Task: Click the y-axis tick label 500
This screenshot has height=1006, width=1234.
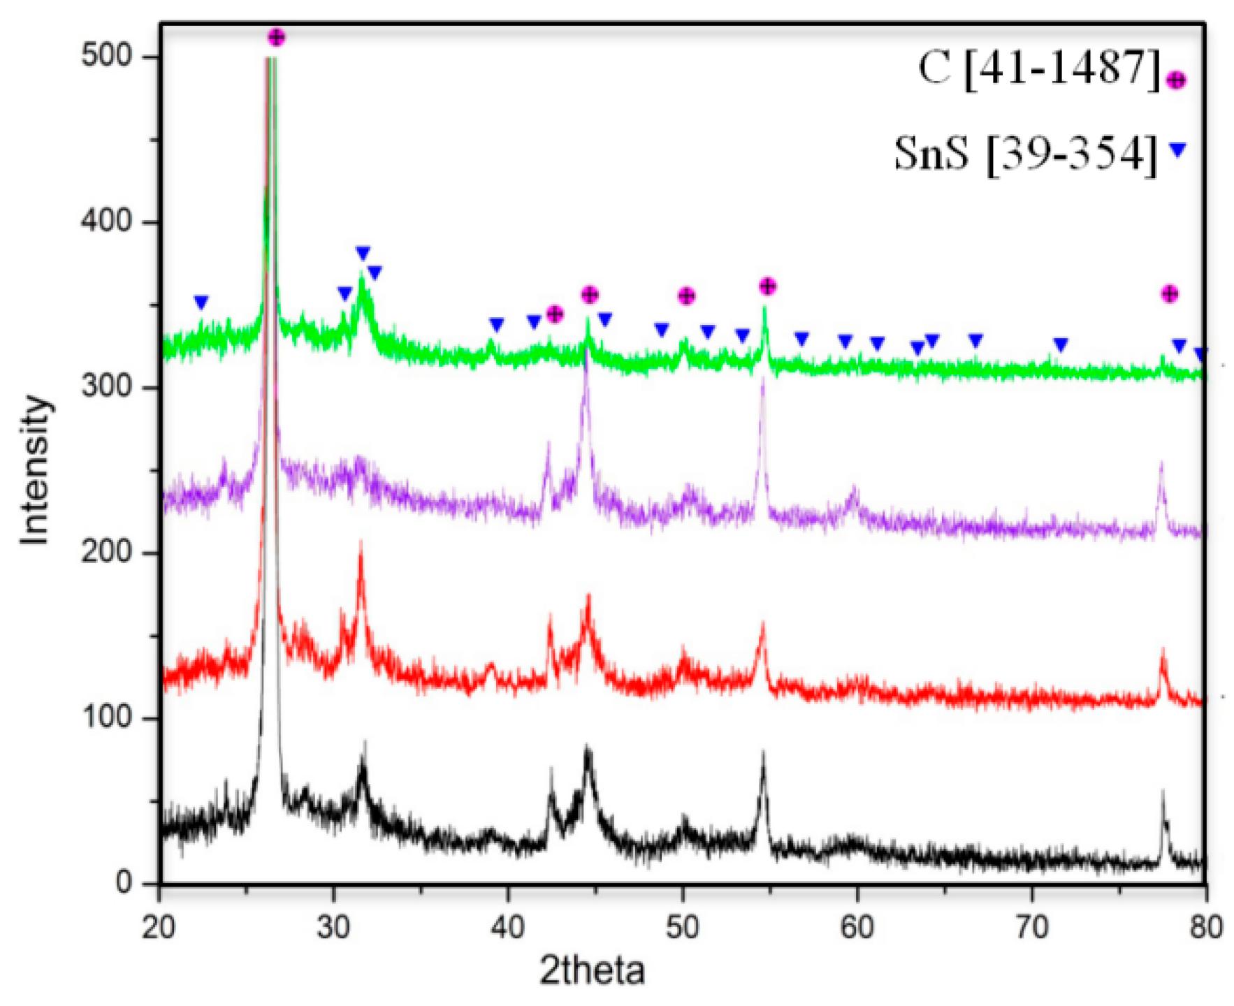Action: point(106,57)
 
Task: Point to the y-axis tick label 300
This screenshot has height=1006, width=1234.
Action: point(106,387)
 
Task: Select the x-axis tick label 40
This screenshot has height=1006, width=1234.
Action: point(508,928)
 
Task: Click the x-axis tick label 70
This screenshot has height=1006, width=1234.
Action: point(1031,928)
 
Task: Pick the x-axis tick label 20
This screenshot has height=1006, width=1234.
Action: point(159,928)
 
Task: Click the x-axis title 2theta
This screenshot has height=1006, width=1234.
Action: point(593,972)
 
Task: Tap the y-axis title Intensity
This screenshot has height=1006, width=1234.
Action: point(35,469)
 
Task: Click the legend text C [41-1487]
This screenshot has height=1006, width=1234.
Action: point(1039,70)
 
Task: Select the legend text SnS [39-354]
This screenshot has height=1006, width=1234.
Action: point(1026,154)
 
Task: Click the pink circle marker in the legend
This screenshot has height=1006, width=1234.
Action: point(1177,80)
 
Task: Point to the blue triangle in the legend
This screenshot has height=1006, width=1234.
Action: point(1178,150)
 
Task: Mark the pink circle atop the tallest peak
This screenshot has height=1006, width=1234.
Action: point(277,37)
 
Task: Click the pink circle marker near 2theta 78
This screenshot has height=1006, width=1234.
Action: point(1170,294)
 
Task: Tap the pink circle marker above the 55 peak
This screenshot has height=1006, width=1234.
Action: point(768,286)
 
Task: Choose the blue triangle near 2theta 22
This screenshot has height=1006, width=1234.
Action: point(201,302)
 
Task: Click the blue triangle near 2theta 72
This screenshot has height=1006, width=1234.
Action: point(1061,344)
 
